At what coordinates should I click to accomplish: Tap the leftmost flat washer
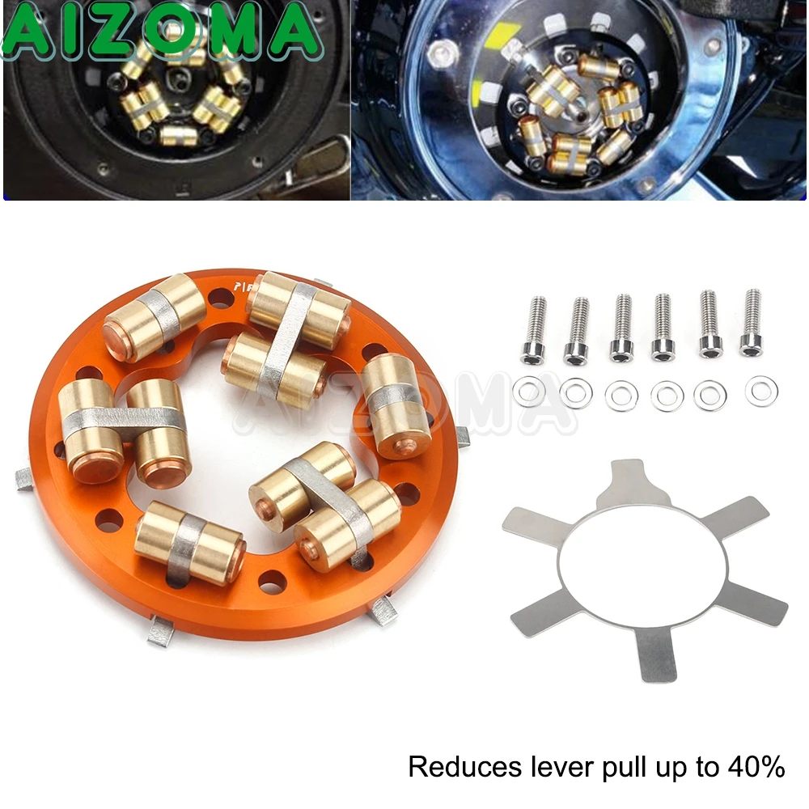530,392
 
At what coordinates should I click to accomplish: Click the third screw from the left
621,327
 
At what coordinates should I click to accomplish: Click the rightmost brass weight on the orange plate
394,395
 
